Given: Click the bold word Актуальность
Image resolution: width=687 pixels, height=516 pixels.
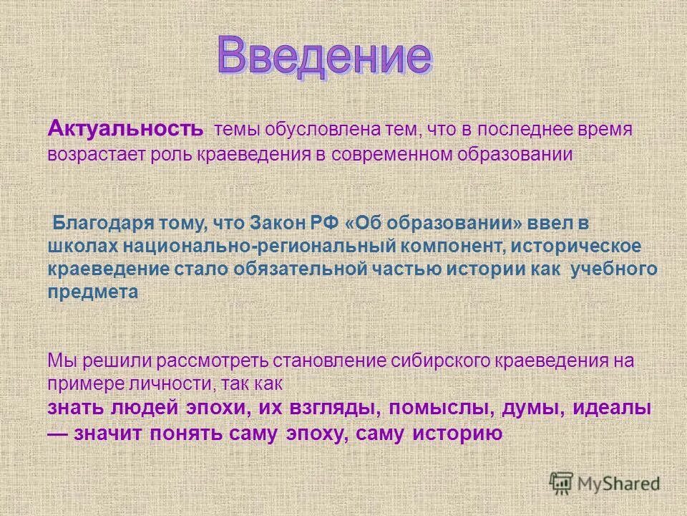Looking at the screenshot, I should pos(125,130).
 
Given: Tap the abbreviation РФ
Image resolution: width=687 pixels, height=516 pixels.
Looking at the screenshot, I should pos(323,223).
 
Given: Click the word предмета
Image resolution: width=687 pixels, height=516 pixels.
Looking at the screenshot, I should pos(93,292).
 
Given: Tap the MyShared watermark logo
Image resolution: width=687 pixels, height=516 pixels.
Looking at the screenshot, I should pos(604,484).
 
